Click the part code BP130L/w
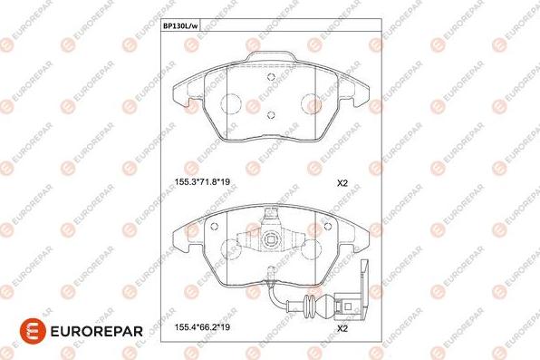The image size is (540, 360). (x=180, y=26)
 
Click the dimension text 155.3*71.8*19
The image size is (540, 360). (x=202, y=181)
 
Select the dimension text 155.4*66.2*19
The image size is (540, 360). (x=202, y=326)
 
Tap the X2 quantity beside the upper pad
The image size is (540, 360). (x=342, y=183)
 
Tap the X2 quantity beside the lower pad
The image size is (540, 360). (x=342, y=328)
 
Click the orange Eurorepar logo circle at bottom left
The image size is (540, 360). (x=33, y=331)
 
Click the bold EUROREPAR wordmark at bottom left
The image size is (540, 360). (x=96, y=331)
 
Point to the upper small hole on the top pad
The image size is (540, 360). (x=271, y=77)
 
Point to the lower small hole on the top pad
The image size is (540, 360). (x=271, y=115)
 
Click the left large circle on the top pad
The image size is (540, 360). (x=230, y=103)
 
